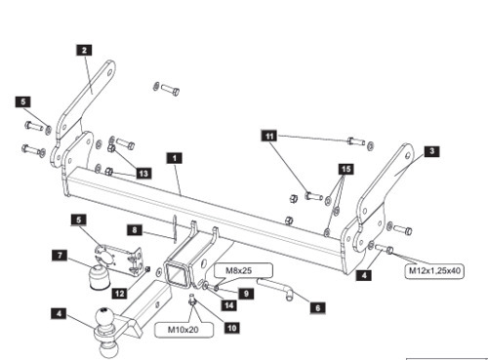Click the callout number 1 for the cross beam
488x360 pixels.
click(175, 158)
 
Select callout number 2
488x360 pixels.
click(84, 51)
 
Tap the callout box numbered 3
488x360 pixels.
click(431, 151)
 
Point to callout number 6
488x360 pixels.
click(318, 307)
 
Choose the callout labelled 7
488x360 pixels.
click(60, 256)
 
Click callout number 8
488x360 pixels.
click(135, 230)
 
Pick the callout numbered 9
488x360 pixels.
click(246, 294)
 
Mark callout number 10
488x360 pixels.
click(232, 328)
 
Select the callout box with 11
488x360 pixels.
click(269, 136)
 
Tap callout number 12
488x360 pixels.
click(120, 294)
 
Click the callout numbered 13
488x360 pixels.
click(143, 174)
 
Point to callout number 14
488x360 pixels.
click(229, 305)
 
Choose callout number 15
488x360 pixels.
click(346, 169)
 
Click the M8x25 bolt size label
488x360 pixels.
click(239, 270)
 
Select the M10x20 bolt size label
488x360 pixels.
click(183, 330)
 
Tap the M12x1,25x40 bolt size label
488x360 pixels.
click(434, 270)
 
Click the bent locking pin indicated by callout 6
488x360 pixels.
click(274, 287)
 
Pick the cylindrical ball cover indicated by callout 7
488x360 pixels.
click(99, 276)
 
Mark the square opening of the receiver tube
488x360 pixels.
click(176, 274)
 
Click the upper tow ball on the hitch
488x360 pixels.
click(104, 317)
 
